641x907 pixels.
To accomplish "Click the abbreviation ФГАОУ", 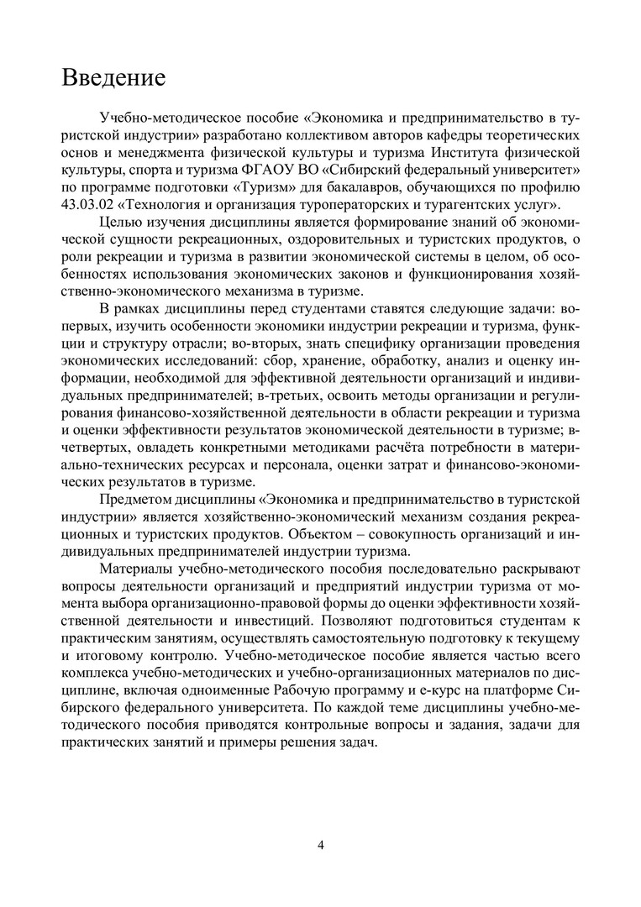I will [x=265, y=169].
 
